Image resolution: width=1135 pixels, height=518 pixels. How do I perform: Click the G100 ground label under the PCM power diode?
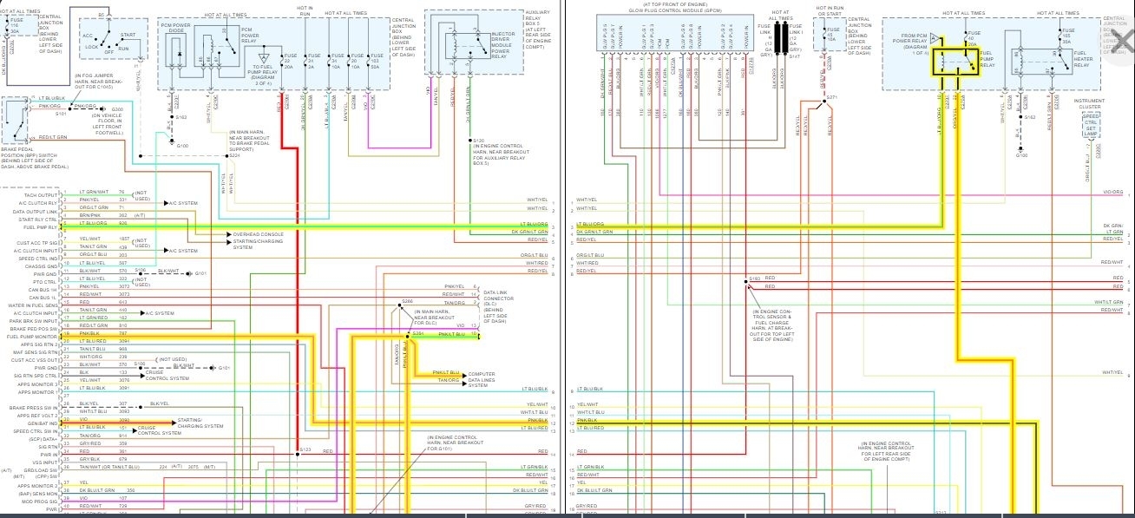[182, 146]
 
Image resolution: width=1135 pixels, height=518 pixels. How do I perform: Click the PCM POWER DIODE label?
[176, 30]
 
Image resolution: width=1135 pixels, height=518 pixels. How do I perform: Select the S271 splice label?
[831, 97]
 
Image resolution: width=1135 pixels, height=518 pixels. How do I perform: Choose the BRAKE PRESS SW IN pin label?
[34, 407]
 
